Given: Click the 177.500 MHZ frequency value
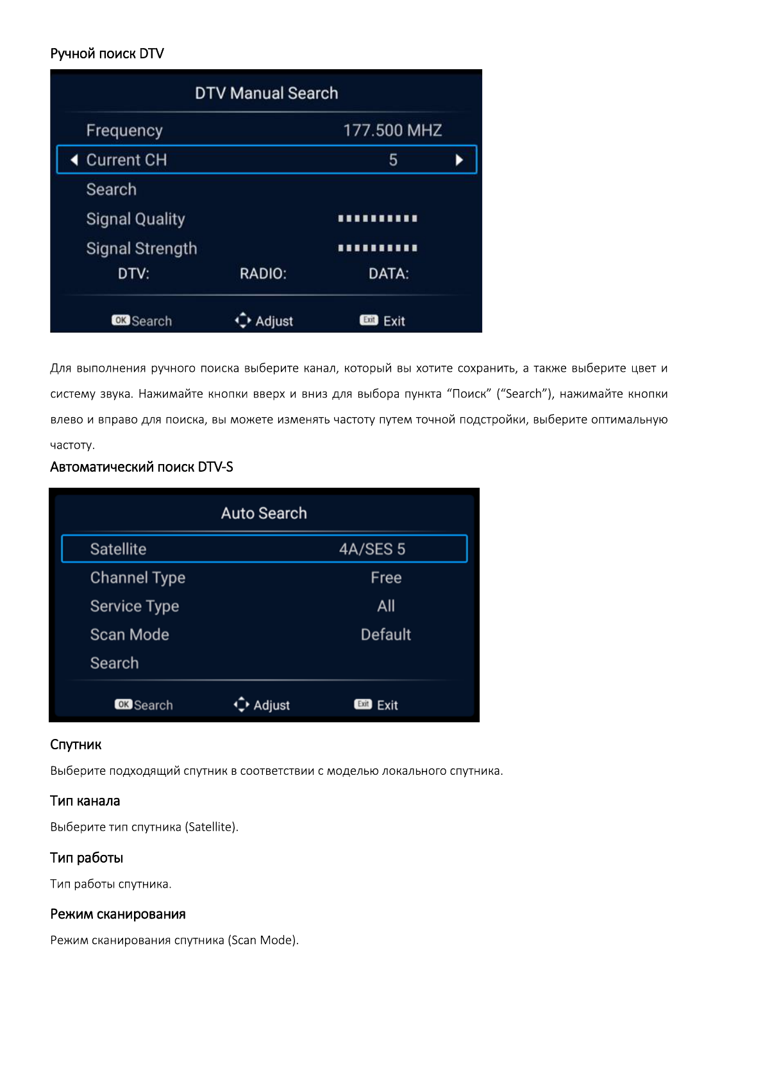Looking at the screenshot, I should (392, 131).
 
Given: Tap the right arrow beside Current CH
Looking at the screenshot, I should (459, 160).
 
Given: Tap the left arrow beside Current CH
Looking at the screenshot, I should (74, 160).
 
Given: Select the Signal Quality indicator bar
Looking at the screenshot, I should (378, 219).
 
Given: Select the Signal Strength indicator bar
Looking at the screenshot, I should (378, 248).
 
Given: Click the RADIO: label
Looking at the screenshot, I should (263, 274).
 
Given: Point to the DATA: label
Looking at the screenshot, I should (389, 274).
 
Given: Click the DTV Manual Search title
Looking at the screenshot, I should (266, 94).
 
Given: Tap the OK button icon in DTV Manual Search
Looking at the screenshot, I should (121, 320).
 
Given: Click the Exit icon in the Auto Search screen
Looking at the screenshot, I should (363, 704).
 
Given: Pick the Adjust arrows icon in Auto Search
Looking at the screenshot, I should (242, 704).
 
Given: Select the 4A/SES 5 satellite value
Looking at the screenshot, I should (372, 549).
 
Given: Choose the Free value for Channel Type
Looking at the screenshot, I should (386, 578).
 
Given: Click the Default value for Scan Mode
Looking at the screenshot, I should (385, 634).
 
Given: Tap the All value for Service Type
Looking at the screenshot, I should (386, 606).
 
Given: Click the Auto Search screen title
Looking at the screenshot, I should (264, 513).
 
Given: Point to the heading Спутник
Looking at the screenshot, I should (76, 745).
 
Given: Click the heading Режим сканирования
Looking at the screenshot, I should (118, 915).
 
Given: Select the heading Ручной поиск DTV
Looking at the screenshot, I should (107, 54).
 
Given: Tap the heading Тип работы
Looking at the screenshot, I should (87, 858).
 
